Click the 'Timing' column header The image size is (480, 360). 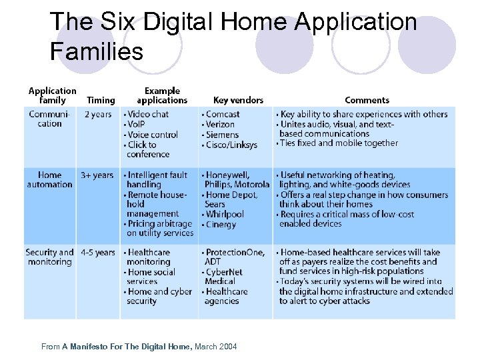(x=101, y=100)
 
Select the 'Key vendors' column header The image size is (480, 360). (x=238, y=100)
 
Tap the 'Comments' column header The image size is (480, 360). (x=367, y=100)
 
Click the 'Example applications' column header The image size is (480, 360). (x=162, y=95)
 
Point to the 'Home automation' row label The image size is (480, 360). (x=49, y=179)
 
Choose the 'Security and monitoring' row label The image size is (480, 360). (x=49, y=257)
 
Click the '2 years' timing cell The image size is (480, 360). (x=98, y=114)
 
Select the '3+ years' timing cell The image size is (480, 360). (x=97, y=175)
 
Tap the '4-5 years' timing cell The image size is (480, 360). (x=97, y=253)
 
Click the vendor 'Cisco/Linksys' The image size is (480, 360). (x=231, y=145)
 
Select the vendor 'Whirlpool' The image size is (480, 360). (x=225, y=214)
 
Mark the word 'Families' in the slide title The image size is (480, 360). (x=97, y=51)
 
